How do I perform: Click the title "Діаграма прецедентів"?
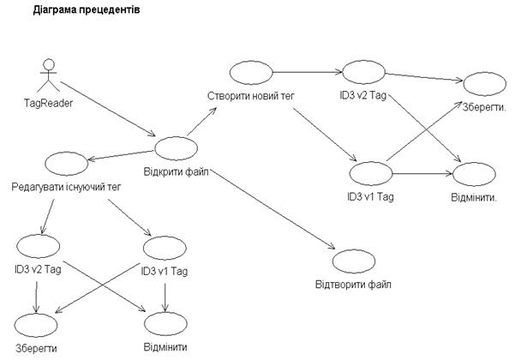86,10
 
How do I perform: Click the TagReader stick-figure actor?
49,75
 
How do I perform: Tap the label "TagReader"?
48,103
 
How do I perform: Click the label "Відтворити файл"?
353,285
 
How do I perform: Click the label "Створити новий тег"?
251,96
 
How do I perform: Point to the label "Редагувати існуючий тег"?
66,187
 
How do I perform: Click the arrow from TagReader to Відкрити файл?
108,109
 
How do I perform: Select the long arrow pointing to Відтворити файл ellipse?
272,209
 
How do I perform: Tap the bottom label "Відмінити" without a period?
165,347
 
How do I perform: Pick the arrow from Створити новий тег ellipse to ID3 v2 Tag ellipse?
308,72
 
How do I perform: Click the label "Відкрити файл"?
176,171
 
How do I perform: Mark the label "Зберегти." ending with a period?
484,107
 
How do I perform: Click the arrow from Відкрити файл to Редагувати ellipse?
121,155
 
